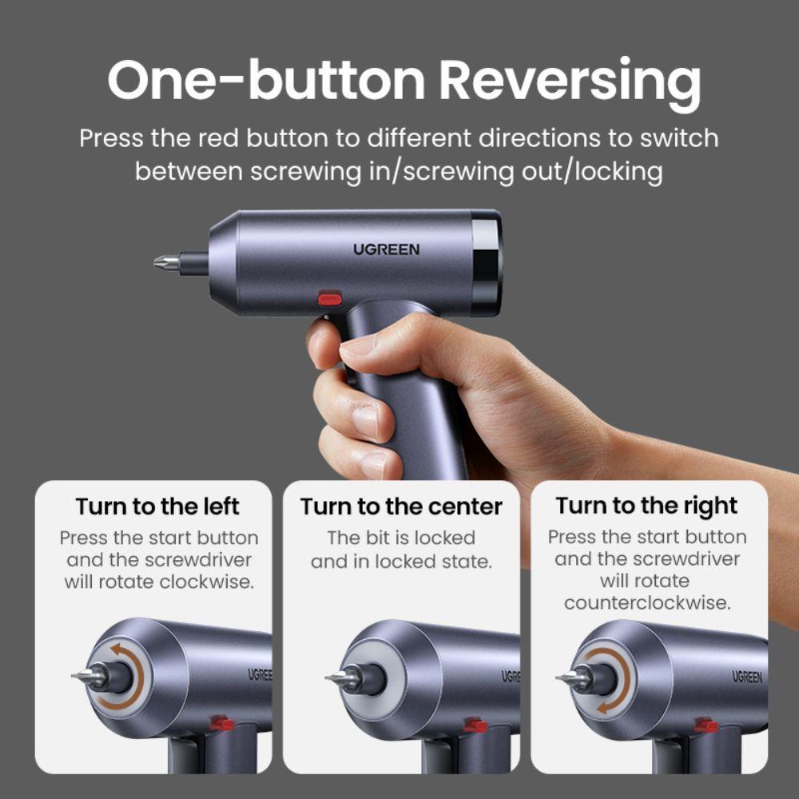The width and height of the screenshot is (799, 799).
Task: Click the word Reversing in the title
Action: [570, 81]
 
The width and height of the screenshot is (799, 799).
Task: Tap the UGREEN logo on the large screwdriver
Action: [386, 249]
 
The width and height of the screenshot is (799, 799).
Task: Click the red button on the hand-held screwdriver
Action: [330, 298]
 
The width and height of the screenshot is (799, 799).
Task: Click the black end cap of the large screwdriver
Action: [486, 263]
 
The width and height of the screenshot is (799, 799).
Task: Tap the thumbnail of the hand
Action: [358, 348]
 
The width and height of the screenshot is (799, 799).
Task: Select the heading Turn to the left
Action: [157, 507]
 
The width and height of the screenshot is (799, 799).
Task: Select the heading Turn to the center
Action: [401, 507]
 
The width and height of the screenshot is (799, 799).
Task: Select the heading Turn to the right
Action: [646, 507]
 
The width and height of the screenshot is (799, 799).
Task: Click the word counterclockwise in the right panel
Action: [647, 602]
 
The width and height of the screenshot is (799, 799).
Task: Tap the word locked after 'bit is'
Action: [444, 538]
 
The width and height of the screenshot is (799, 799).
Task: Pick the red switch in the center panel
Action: [475, 725]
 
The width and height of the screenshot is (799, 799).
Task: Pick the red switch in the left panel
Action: [222, 723]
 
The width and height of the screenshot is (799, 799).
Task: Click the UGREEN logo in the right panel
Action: [747, 677]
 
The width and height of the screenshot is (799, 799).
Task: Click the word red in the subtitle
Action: [218, 138]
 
